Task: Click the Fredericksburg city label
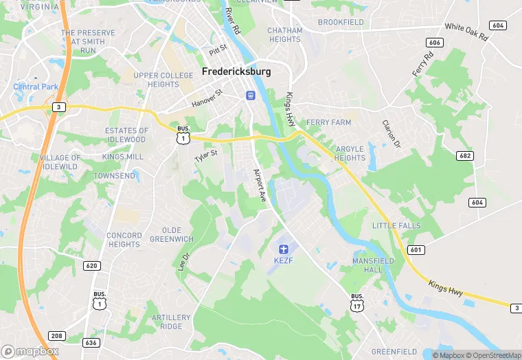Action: click(236, 71)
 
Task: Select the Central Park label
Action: click(36, 87)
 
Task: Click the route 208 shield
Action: click(56, 337)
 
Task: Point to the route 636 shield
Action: click(90, 342)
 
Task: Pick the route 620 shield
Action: click(91, 265)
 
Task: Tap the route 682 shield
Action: click(466, 156)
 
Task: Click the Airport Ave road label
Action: click(260, 185)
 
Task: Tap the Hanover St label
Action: click(207, 97)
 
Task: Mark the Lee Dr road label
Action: click(183, 260)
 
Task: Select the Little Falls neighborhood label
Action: click(396, 226)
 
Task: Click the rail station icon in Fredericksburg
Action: click(251, 95)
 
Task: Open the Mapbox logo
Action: click(30, 351)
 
